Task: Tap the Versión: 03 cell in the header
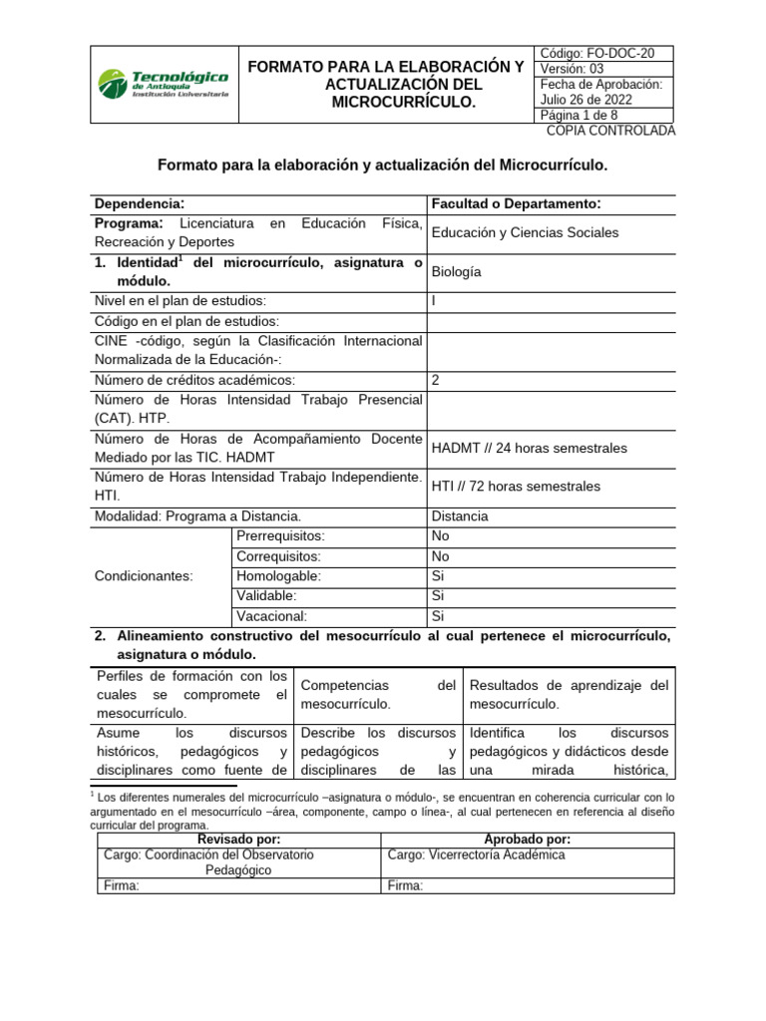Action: coord(571,69)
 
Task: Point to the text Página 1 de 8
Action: coord(578,116)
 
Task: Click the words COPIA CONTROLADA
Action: coord(610,131)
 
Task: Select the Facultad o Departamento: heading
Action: coord(516,203)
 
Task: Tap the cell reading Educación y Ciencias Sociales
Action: coord(525,232)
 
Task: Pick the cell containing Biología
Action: coord(457,271)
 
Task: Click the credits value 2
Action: coord(436,380)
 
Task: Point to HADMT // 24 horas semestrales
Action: coord(530,448)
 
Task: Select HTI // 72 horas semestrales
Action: coord(516,487)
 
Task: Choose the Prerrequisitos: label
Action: coord(281,536)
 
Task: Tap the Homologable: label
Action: coord(278,576)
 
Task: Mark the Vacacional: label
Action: coord(271,616)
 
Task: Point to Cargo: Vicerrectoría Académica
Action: coord(476,854)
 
